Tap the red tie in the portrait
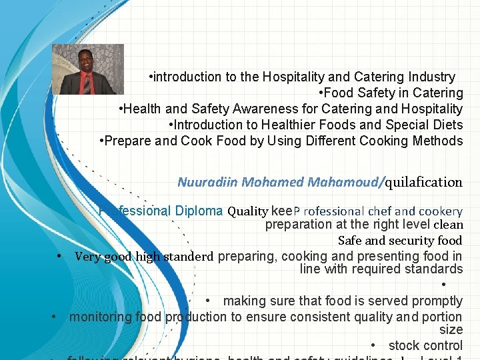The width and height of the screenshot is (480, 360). click(87, 84)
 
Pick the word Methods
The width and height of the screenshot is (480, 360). click(437, 141)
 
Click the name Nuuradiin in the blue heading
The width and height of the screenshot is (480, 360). click(207, 182)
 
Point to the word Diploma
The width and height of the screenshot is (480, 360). click(199, 211)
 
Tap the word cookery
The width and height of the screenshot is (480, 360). click(439, 211)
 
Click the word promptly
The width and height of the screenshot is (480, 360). click(437, 301)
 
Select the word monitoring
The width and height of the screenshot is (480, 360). click(100, 317)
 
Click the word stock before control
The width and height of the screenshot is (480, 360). click(403, 345)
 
